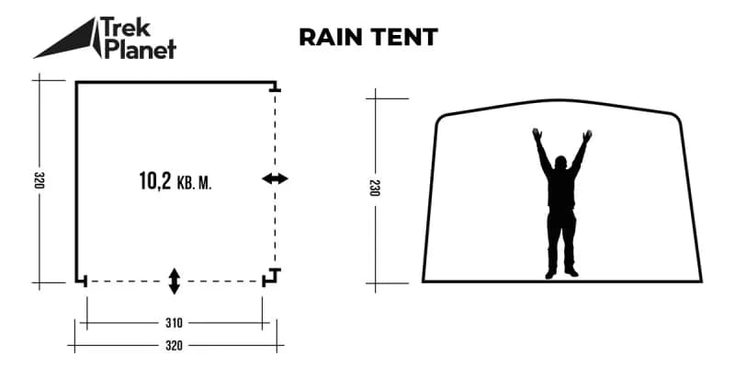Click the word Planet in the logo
tap(141, 48)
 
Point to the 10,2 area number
tap(155, 180)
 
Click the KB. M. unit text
tap(194, 183)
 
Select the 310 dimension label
tap(174, 323)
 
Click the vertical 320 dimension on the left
tap(39, 180)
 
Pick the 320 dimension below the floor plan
tap(174, 346)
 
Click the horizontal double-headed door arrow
tap(275, 178)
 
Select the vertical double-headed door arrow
tap(175, 282)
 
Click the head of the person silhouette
tap(560, 163)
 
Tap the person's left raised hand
tap(537, 134)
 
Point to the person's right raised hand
tap(587, 136)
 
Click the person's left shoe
tap(550, 273)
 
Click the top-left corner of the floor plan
tap(76, 83)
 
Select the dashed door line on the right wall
tap(275, 179)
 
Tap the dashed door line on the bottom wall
tap(175, 282)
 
